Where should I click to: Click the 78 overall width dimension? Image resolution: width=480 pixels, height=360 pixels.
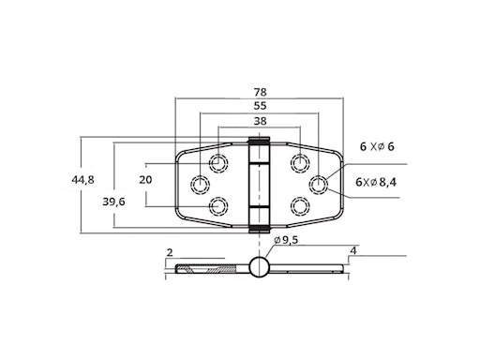pos(260,92)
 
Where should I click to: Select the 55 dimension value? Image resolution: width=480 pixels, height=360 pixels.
pos(260,106)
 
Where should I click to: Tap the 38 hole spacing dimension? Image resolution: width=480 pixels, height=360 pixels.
pos(260,121)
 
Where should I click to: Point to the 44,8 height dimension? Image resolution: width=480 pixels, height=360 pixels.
pos(82,180)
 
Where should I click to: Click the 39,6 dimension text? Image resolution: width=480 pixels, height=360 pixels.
pos(113,202)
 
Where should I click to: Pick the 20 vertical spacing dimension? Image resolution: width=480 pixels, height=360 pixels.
pos(145,180)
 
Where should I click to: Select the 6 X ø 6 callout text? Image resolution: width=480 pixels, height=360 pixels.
pos(377,146)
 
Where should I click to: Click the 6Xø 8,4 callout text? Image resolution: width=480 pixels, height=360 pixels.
pos(376,182)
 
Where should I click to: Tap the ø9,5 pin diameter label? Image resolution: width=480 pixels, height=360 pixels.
pos(286,240)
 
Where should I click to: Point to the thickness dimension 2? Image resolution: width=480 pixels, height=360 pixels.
pos(170,252)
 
